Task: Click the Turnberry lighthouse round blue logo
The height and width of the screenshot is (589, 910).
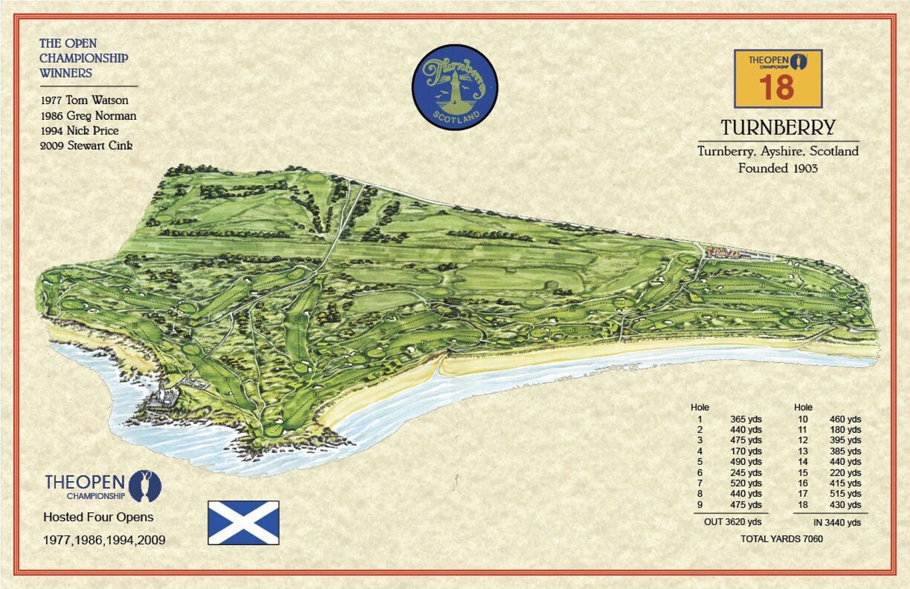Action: (x=454, y=87)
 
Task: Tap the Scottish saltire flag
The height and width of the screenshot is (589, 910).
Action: (x=243, y=523)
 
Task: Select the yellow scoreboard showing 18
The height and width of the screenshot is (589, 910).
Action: (x=778, y=78)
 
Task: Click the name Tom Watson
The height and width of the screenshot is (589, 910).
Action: (x=97, y=100)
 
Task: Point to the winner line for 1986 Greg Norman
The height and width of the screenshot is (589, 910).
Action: (x=88, y=116)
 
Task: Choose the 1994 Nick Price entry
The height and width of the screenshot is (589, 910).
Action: (x=80, y=131)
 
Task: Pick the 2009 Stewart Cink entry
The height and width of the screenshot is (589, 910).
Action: (x=87, y=146)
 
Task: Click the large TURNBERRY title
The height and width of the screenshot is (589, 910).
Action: (x=778, y=128)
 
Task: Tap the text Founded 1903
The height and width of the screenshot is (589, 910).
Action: (x=778, y=168)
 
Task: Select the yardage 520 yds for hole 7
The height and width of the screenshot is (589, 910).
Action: (x=746, y=483)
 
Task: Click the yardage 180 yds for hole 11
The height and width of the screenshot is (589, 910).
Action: (x=845, y=430)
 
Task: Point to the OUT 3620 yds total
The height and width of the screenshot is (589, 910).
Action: (x=732, y=522)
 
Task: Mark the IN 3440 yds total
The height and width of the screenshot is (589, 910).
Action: (x=837, y=523)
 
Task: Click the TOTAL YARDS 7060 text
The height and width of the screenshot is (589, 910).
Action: (x=781, y=539)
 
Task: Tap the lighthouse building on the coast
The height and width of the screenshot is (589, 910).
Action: (x=162, y=396)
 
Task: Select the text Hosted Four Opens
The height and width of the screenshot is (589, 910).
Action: (x=99, y=517)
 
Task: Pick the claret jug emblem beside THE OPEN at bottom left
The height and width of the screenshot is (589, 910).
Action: (x=146, y=486)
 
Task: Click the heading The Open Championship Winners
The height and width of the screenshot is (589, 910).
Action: (x=84, y=58)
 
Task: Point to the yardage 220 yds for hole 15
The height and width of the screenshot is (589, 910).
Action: (x=845, y=473)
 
